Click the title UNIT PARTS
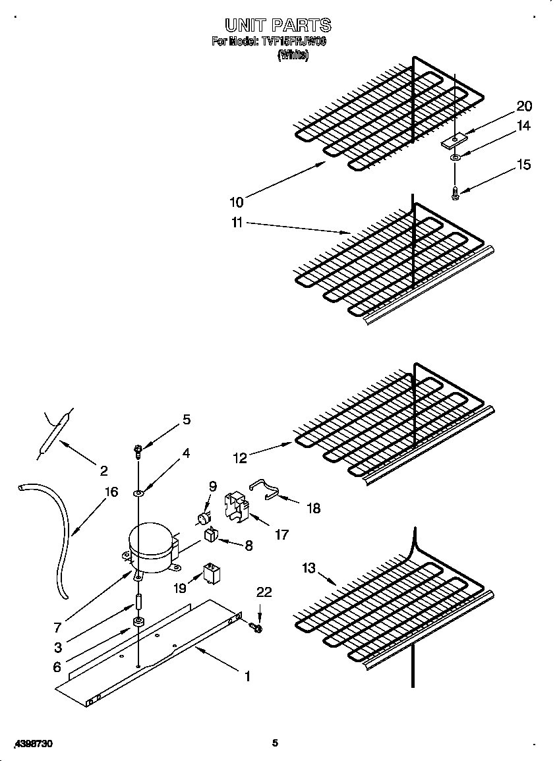tap(278, 26)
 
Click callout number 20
tap(524, 106)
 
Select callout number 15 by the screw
tap(523, 165)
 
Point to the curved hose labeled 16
tap(57, 540)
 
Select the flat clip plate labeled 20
tap(454, 140)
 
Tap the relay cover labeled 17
tap(238, 505)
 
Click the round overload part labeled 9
tap(203, 517)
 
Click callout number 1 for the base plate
tap(247, 677)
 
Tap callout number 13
tap(309, 568)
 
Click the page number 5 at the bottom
tap(276, 743)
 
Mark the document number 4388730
tap(33, 743)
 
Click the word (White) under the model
tap(293, 55)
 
